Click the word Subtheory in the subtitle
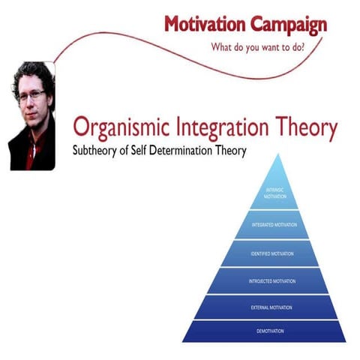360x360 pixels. (99, 150)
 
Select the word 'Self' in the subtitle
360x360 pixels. (150, 150)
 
